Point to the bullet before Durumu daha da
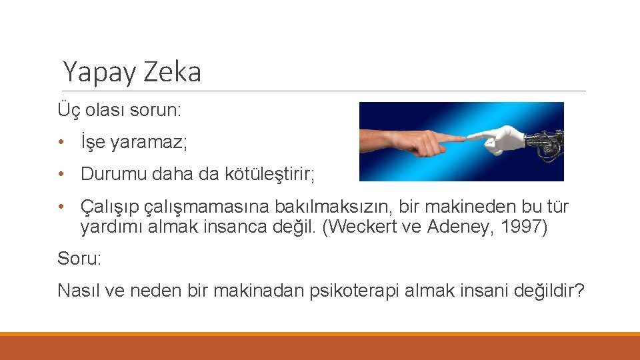point(61,175)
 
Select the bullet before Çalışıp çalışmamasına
point(61,207)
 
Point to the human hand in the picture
point(400,139)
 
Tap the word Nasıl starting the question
point(77,291)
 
